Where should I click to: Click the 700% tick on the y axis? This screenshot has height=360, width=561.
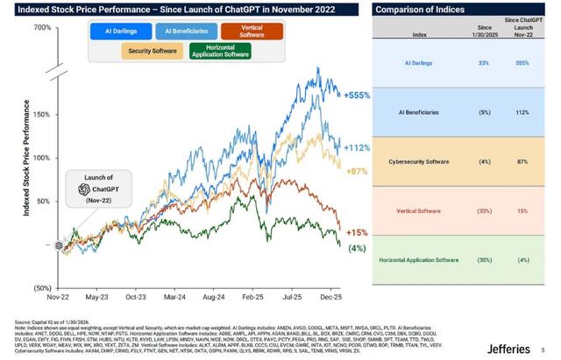point(43,28)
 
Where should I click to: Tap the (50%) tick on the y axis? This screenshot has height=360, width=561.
point(42,287)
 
